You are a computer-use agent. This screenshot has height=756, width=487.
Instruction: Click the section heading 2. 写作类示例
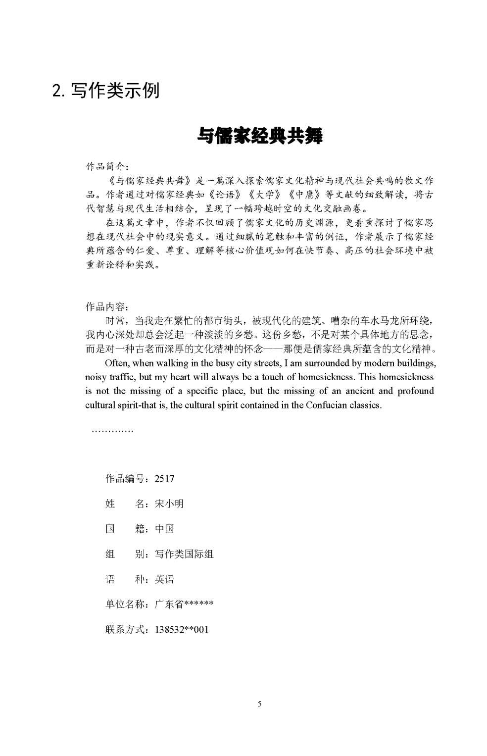(x=106, y=90)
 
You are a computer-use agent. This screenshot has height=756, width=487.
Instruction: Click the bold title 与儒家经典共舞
(x=260, y=136)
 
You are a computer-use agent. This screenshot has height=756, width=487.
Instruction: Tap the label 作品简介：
(x=107, y=166)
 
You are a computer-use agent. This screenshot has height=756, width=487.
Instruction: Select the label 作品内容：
(x=107, y=307)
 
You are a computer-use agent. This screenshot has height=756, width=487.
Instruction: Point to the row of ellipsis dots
(x=112, y=431)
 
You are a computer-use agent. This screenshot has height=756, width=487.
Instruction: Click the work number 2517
(x=164, y=479)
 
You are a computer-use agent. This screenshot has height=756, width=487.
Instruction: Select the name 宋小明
(x=169, y=504)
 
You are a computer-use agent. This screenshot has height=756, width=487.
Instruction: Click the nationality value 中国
(x=164, y=529)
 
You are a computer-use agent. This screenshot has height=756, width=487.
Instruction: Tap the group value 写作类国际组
(x=184, y=554)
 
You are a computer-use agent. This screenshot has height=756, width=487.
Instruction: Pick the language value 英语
(x=164, y=579)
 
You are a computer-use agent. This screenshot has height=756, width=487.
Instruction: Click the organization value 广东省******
(x=184, y=605)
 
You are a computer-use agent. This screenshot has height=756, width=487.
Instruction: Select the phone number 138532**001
(x=182, y=630)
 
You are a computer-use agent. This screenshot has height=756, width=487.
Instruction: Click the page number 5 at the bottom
(x=259, y=704)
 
